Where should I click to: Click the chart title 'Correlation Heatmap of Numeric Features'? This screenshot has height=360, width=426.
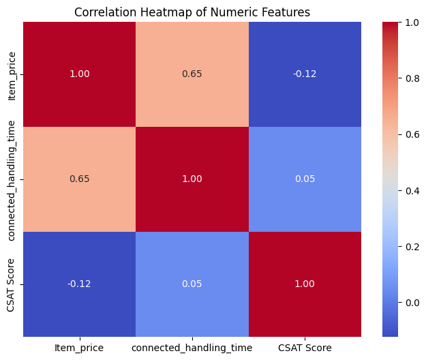[192, 12]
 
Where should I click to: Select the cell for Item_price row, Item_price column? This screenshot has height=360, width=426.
[79, 74]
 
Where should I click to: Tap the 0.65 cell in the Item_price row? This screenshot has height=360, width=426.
[192, 74]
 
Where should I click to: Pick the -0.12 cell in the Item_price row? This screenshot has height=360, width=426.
[305, 74]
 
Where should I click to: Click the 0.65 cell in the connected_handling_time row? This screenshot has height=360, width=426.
[79, 179]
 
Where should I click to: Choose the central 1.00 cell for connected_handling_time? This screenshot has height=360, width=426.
[192, 179]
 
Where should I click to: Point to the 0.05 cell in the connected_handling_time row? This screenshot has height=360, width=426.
[305, 179]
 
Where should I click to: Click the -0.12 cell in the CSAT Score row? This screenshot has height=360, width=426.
[79, 284]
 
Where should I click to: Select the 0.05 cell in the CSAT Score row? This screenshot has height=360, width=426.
[192, 284]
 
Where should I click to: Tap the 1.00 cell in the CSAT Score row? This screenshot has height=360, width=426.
[305, 284]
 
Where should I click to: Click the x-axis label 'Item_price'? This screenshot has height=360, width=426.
[79, 348]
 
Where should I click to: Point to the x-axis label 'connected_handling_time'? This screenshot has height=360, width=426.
[192, 348]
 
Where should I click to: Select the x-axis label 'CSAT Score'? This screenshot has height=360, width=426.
[305, 348]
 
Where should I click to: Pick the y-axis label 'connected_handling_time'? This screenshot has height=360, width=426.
[12, 179]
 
